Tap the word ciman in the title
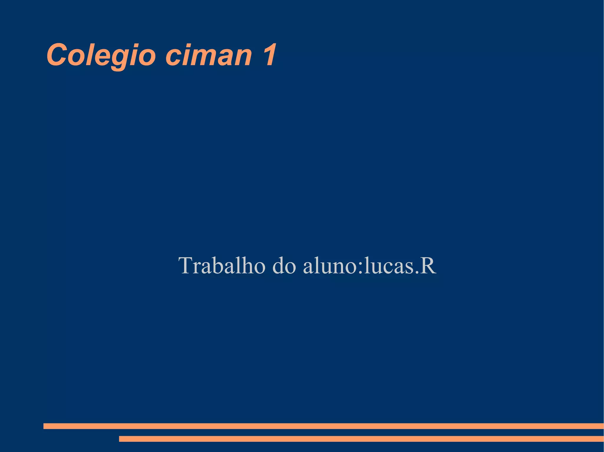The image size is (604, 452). pos(209,55)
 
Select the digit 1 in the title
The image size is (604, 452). pos(269,55)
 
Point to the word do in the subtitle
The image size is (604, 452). pos(284,266)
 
